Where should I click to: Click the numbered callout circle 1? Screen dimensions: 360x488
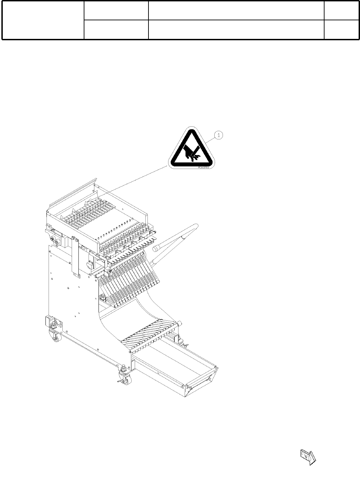[x=219, y=135]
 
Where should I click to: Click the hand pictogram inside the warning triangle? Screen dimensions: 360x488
[x=191, y=153]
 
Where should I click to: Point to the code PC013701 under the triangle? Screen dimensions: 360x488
[x=204, y=168]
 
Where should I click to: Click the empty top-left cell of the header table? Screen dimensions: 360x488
[x=43, y=20]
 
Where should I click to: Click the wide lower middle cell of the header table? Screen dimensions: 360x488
[x=236, y=29]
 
